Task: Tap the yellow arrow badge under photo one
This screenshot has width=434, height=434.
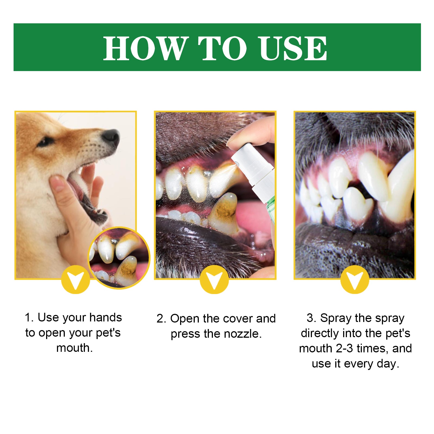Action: (75, 280)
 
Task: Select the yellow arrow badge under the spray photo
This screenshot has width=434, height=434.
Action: (214, 280)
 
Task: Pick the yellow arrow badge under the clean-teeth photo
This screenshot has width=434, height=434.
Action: (355, 280)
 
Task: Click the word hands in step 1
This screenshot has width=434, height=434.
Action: (106, 317)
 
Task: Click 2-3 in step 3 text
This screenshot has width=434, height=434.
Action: (344, 348)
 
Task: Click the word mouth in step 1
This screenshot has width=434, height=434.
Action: (74, 348)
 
